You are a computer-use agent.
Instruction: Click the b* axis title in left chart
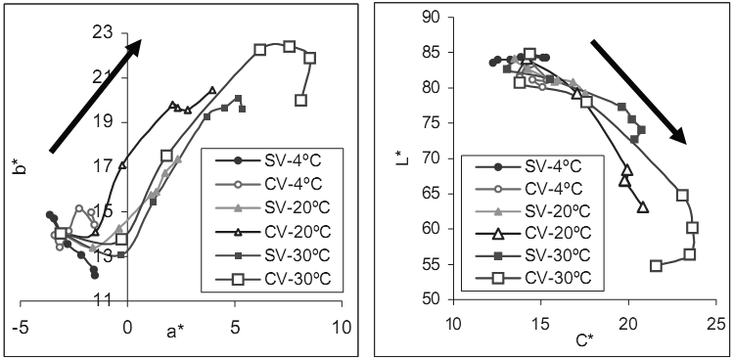20,167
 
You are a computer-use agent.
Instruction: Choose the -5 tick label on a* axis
20,328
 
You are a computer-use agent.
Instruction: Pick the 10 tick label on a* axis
343,328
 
